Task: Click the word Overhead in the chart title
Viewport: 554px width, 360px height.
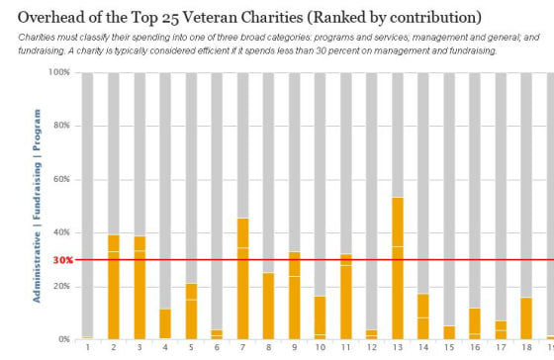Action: [55, 18]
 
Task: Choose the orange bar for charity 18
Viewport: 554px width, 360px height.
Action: [526, 318]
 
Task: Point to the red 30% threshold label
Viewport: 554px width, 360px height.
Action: [62, 260]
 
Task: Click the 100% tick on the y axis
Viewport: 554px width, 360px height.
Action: [58, 72]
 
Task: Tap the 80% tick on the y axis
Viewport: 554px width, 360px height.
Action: [60, 126]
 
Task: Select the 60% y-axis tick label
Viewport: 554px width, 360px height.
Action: [60, 179]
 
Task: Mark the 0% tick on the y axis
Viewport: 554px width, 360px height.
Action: [63, 339]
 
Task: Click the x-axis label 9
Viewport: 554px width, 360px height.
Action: [294, 348]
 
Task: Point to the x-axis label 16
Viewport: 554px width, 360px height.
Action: [475, 348]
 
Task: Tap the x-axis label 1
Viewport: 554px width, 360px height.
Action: [88, 348]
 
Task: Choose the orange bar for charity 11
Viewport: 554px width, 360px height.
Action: [345, 297]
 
